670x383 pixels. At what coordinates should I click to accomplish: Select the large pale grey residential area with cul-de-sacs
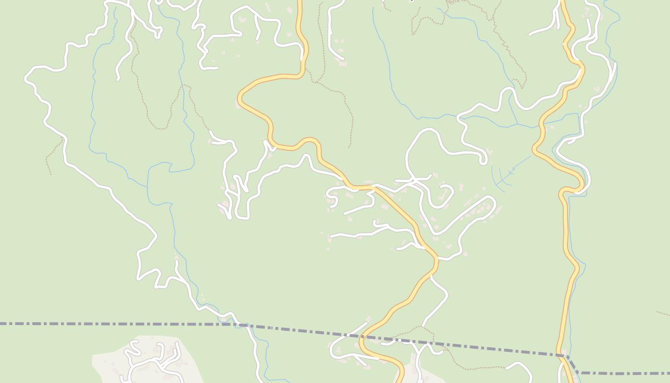click(144, 359)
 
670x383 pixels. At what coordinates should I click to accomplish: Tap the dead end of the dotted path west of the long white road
click(50, 173)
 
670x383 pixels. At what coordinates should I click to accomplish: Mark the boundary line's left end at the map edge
click(1, 324)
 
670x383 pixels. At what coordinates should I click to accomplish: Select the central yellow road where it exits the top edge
click(300, 2)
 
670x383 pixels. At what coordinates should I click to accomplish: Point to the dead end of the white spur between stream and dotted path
click(118, 79)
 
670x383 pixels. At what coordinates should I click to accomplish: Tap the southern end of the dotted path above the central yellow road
click(349, 146)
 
